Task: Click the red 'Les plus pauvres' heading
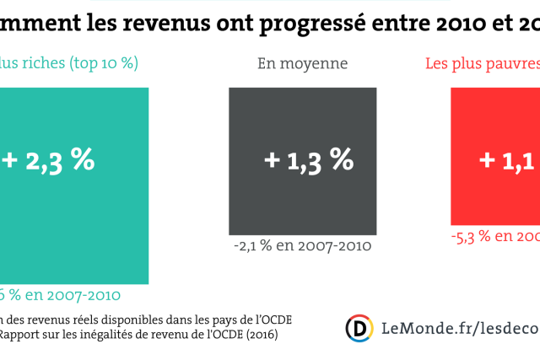pyautogui.click(x=481, y=63)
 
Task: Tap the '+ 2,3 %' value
pyautogui.click(x=47, y=159)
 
